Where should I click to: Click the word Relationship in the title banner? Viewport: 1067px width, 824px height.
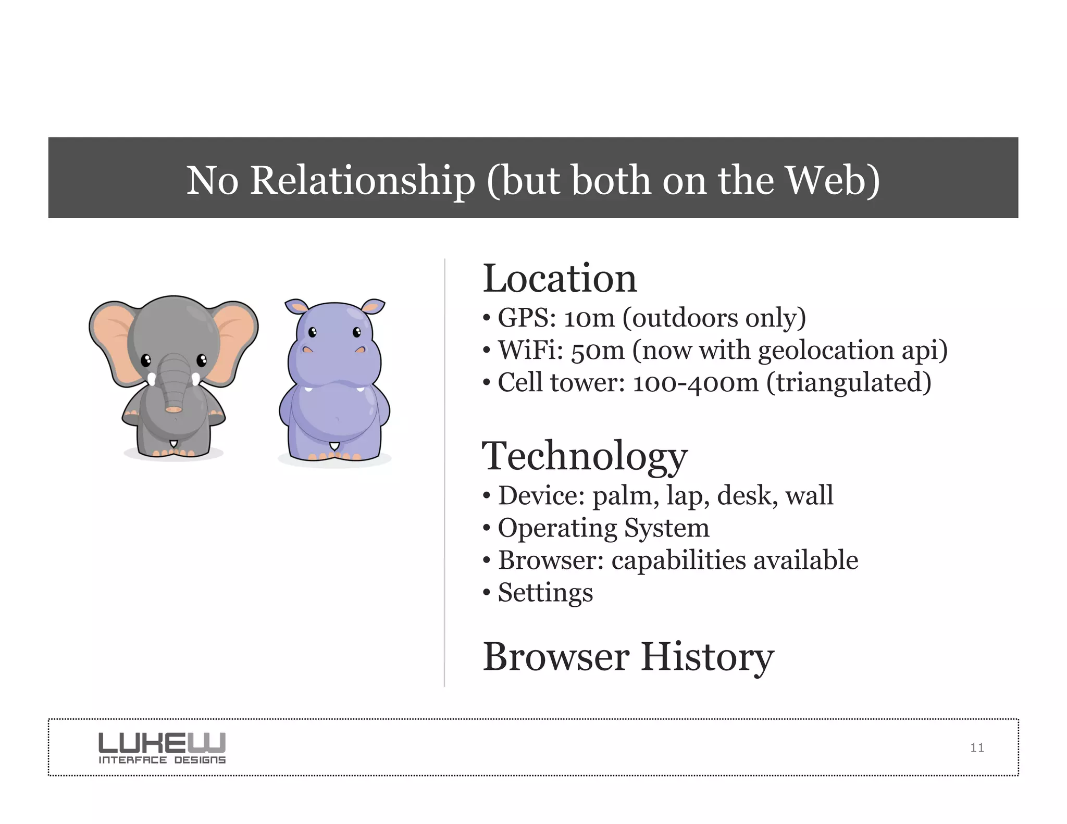pos(362,180)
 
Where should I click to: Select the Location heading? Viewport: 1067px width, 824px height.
pos(560,279)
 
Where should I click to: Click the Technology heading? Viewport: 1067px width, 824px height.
pos(584,456)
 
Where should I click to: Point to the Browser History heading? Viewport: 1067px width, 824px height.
pos(628,657)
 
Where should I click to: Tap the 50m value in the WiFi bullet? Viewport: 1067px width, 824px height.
pos(598,350)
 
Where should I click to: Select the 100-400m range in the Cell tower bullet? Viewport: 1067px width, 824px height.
pos(695,383)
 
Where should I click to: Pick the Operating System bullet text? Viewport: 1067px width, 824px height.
pos(603,528)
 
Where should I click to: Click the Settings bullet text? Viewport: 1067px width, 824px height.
pos(545,593)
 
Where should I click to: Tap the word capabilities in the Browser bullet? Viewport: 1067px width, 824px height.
pos(678,560)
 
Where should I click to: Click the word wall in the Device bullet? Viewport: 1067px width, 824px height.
pos(809,495)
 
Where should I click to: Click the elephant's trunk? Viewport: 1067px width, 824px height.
pos(174,385)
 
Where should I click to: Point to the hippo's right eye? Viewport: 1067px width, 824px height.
pos(357,332)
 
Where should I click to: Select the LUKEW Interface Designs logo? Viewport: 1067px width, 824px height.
pos(162,748)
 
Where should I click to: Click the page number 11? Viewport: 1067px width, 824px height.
pos(977,748)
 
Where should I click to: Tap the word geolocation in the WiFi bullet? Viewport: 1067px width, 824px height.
pos(825,350)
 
